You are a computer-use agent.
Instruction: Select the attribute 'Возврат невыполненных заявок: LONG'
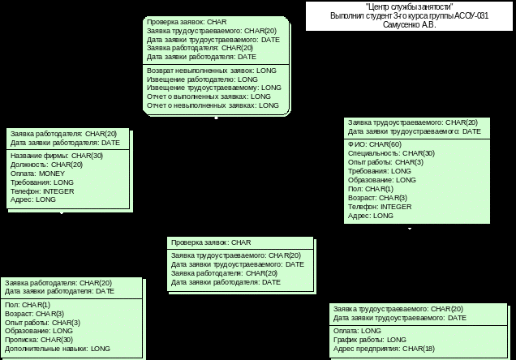tap(211, 71)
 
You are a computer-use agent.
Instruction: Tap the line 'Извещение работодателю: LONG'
tap(202, 79)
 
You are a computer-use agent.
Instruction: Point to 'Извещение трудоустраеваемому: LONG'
tap(213, 88)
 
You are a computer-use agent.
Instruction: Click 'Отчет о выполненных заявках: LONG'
tap(209, 96)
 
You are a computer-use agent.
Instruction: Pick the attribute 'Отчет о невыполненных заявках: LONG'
tap(213, 105)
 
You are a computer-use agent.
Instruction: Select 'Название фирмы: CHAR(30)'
tap(57, 156)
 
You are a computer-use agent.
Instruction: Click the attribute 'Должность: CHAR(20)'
tap(46, 165)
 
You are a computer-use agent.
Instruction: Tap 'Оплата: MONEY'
tap(37, 174)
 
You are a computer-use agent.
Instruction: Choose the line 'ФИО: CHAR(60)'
tap(374, 144)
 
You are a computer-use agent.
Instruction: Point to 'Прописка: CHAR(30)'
tap(39, 340)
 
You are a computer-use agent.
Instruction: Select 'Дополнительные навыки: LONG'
tap(57, 349)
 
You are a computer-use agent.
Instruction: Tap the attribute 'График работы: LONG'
tap(369, 340)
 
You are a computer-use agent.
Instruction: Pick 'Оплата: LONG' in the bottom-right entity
tap(357, 331)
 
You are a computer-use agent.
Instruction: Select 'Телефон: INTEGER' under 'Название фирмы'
tap(42, 191)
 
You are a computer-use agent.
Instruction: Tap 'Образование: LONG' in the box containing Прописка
tap(39, 331)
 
